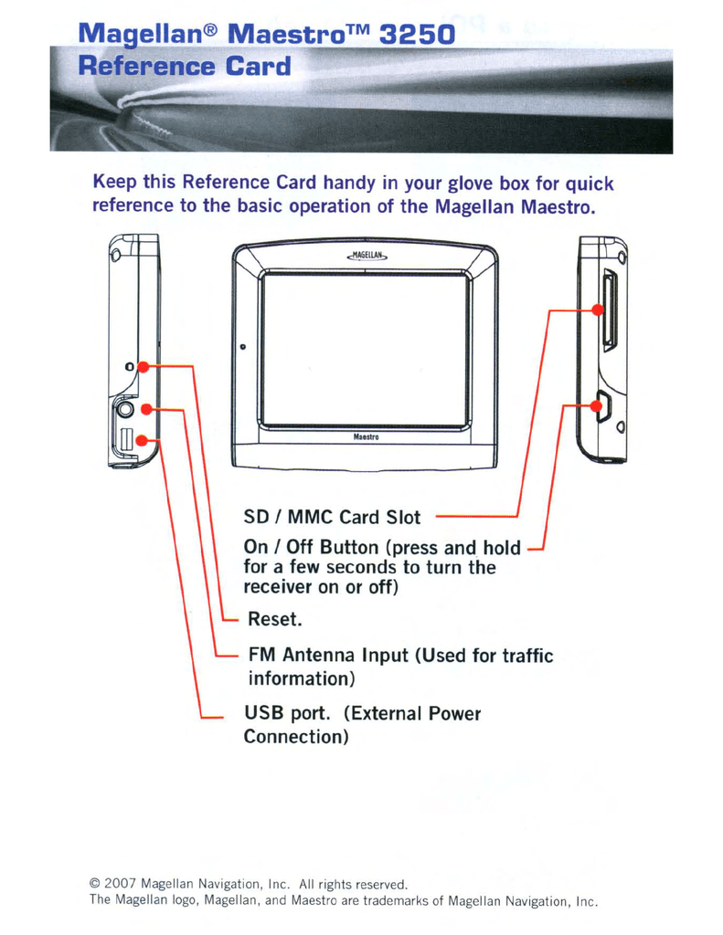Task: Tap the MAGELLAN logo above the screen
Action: (x=367, y=256)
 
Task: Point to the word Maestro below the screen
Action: (x=366, y=437)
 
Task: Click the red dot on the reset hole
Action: (x=144, y=366)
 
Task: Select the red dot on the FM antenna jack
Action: (x=145, y=409)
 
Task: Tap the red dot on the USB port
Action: (x=142, y=441)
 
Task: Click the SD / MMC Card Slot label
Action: (x=332, y=518)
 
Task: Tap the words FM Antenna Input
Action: (x=328, y=655)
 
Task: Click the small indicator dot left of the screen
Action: (x=242, y=347)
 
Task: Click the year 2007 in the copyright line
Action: (x=121, y=884)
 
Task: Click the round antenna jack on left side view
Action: (x=124, y=411)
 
